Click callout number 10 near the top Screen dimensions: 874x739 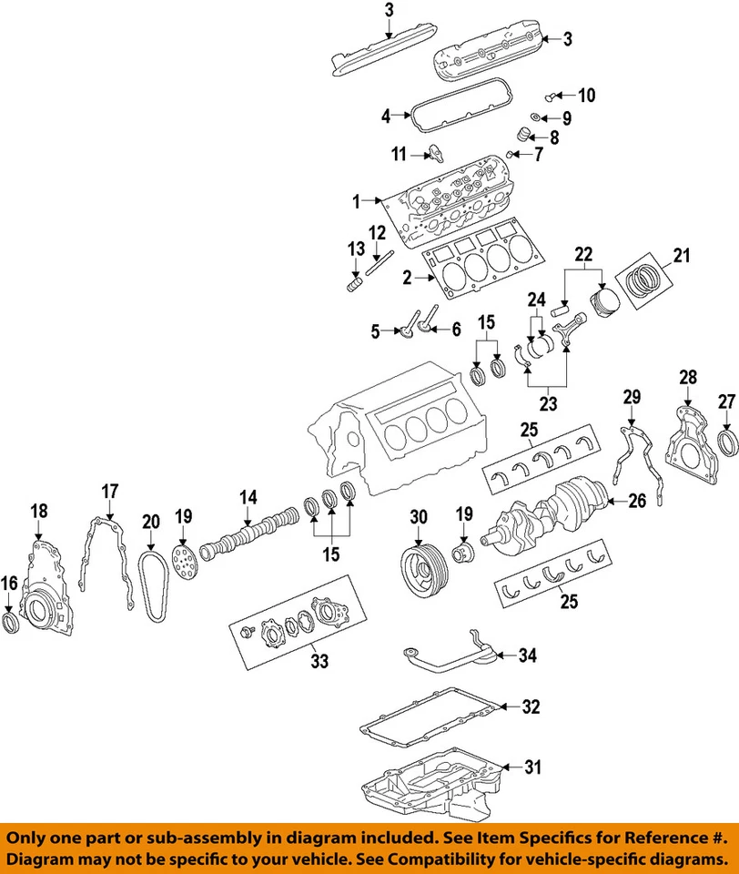coord(587,96)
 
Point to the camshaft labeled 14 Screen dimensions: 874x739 coord(250,535)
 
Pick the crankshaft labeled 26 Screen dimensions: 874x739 coord(546,513)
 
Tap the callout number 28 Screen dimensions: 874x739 coord(688,376)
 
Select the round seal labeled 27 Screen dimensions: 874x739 coord(727,443)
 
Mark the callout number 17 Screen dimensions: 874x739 coord(109,492)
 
